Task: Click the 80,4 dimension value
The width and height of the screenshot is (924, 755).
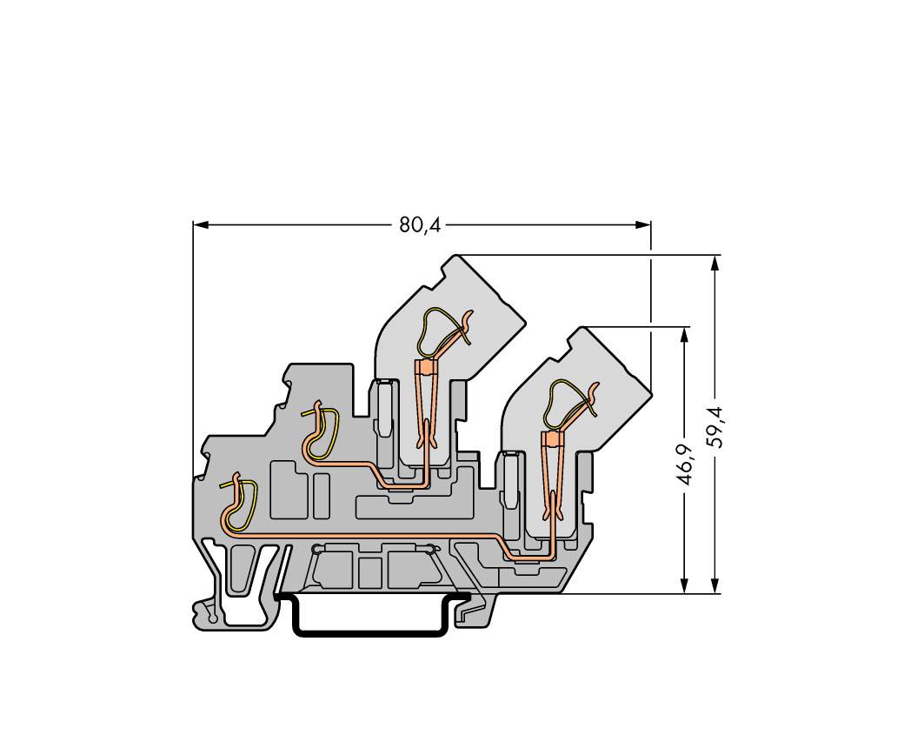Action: click(420, 225)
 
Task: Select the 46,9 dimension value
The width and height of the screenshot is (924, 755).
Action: click(686, 464)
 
